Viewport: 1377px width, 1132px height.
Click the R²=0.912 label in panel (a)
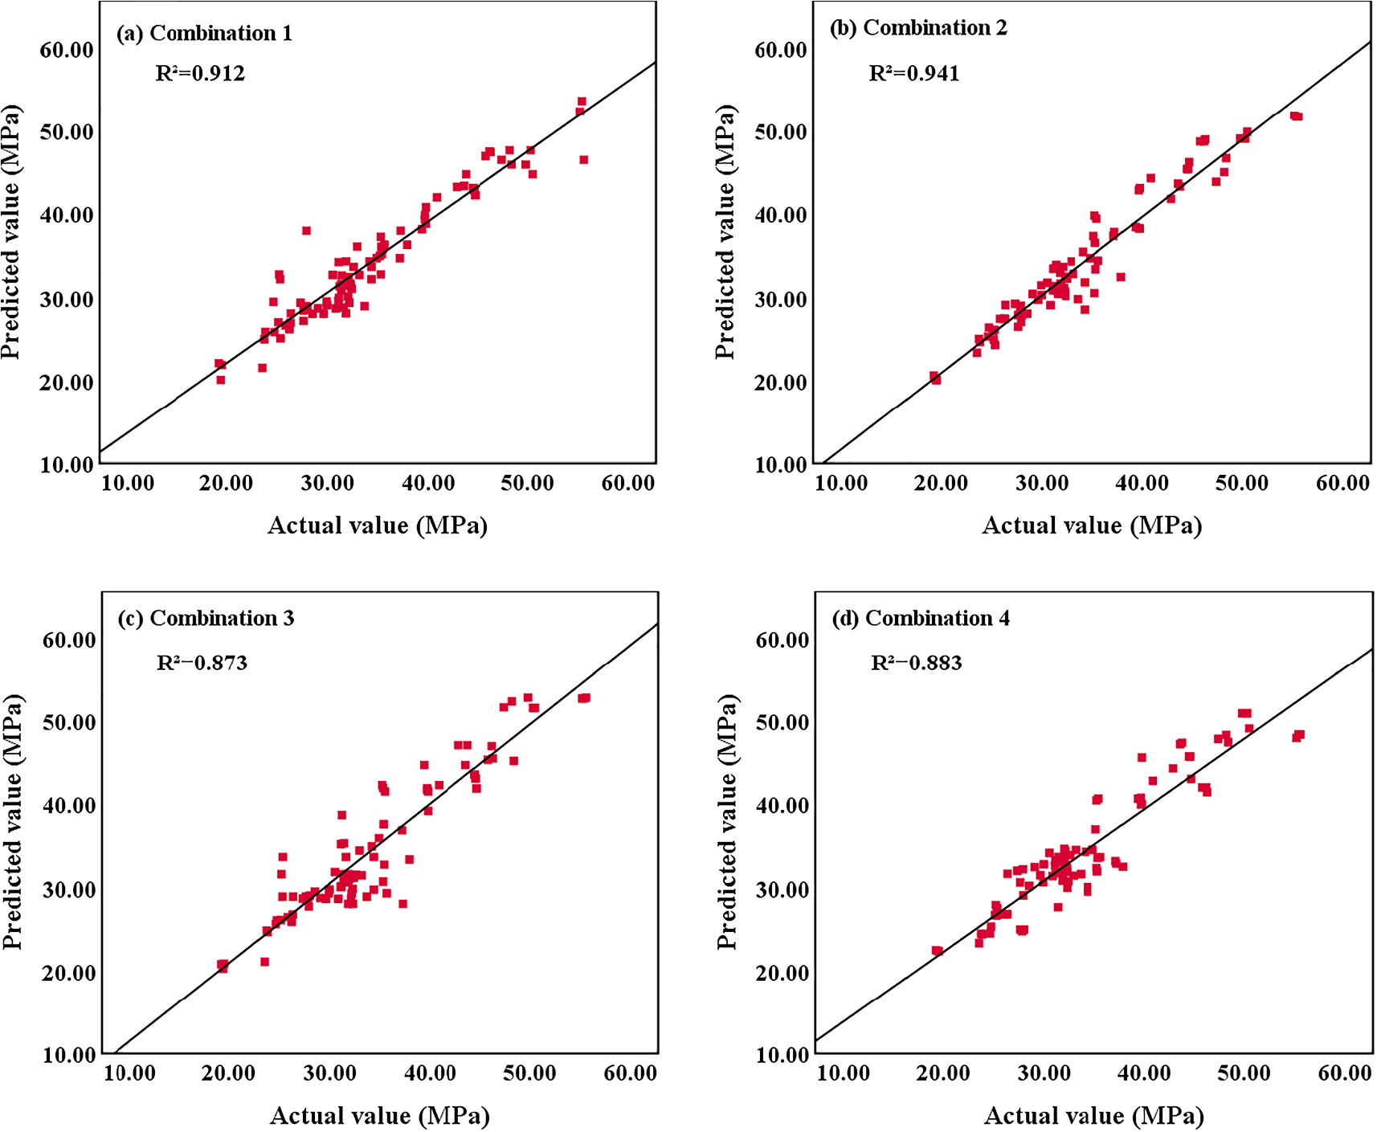(199, 73)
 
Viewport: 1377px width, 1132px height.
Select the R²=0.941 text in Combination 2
(913, 73)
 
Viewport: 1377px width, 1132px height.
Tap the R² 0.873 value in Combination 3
(202, 663)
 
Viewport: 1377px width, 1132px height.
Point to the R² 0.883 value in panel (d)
(916, 663)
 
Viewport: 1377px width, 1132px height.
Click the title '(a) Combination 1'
(204, 33)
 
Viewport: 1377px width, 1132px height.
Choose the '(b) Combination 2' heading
(917, 27)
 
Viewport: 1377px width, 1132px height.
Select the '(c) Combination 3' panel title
(206, 618)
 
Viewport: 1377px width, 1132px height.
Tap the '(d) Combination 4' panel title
(921, 618)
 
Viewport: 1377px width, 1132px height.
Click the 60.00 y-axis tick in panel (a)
(67, 50)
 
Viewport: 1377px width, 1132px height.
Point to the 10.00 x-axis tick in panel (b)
(841, 483)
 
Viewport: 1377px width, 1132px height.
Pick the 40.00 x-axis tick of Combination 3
(430, 1073)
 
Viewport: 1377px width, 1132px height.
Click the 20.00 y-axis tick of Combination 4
(782, 973)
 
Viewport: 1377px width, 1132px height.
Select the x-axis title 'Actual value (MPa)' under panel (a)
(378, 525)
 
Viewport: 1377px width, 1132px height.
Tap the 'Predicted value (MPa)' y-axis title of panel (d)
(726, 821)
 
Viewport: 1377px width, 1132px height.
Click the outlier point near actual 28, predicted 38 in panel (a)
(306, 231)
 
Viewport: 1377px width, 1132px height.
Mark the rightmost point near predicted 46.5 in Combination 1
(584, 160)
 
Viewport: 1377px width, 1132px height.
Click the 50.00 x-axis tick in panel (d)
(1244, 1073)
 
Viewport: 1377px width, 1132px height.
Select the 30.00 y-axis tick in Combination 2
(780, 300)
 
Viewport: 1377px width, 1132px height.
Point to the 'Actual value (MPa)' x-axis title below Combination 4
(1093, 1115)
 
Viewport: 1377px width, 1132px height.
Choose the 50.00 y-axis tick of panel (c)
(68, 722)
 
